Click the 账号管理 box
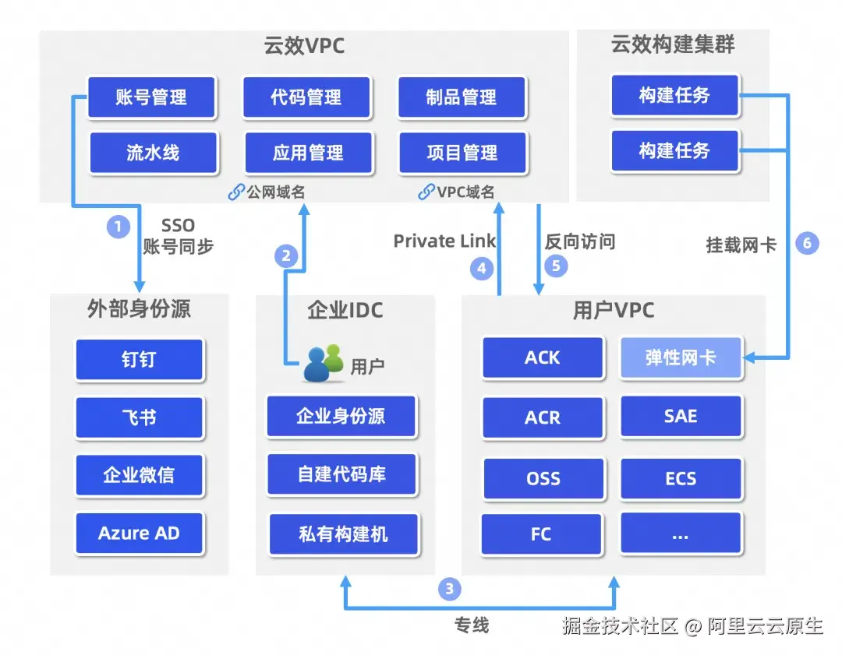tap(151, 97)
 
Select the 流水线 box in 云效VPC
tap(153, 153)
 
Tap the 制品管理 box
tap(462, 97)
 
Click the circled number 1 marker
tap(119, 227)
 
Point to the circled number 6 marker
tap(807, 243)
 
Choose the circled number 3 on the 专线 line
tap(449, 589)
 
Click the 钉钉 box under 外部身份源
tap(140, 359)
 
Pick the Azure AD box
tap(139, 534)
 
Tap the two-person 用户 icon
tap(323, 363)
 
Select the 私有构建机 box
tap(343, 534)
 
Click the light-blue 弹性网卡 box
tap(681, 358)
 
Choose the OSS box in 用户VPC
tap(543, 477)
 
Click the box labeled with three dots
tap(681, 534)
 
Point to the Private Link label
tap(444, 241)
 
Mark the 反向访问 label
tap(580, 241)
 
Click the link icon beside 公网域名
tap(235, 192)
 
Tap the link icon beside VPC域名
tap(426, 192)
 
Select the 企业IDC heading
tap(345, 310)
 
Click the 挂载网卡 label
tap(741, 245)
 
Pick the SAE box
tap(681, 417)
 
